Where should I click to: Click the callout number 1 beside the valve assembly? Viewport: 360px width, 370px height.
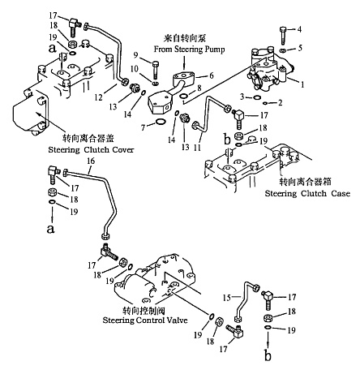302,84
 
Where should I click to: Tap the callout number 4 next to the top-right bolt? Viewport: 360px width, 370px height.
299,29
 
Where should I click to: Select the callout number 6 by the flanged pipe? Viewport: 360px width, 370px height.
212,75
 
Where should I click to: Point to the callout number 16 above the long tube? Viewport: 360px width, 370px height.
91,161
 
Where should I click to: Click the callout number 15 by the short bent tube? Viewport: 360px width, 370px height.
227,298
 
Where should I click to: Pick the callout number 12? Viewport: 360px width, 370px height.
98,97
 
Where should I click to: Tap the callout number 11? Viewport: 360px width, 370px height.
198,147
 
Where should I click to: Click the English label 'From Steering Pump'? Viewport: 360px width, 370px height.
189,49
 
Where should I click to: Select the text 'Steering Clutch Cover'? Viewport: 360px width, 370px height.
91,149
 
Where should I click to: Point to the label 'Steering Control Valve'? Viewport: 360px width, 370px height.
145,321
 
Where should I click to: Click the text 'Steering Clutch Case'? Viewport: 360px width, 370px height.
307,194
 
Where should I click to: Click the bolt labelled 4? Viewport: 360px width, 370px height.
283,36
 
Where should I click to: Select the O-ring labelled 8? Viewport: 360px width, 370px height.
183,96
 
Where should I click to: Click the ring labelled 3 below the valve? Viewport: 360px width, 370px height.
257,97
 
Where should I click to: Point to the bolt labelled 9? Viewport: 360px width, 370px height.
156,70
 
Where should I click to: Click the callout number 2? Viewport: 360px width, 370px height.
281,102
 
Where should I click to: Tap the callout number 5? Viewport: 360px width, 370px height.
300,48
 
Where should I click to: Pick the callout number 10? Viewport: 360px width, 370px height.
135,69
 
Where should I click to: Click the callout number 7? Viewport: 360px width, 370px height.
144,127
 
